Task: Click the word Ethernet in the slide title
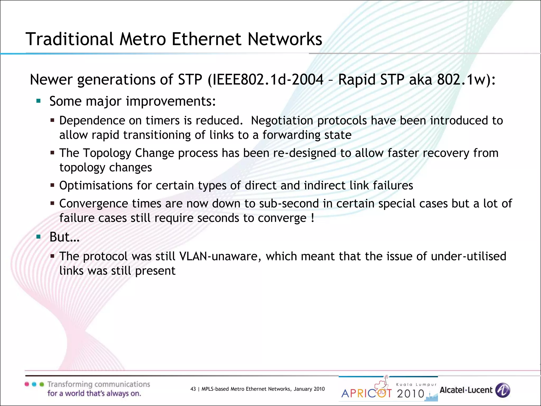coord(207,39)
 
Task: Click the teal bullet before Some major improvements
coord(39,101)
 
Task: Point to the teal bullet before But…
coord(39,237)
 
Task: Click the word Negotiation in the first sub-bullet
coord(282,121)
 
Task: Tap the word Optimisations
coord(96,186)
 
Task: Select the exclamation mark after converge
coord(313,218)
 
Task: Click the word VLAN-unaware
coord(219,256)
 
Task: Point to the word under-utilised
coord(468,256)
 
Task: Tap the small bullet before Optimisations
coord(52,185)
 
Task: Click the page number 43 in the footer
coord(193,389)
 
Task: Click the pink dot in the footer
coord(27,384)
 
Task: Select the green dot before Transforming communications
coord(42,384)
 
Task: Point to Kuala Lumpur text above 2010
coord(416,385)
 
